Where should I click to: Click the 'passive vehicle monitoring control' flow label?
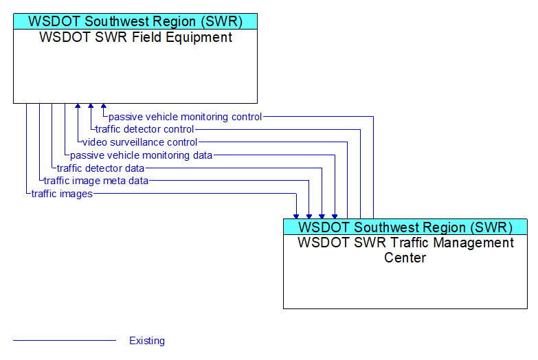point(186,117)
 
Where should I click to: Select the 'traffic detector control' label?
point(144,129)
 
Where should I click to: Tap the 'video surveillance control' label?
point(139,142)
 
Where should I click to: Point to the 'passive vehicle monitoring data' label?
point(141,155)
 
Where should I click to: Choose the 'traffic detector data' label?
point(100,168)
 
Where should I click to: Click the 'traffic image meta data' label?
point(96,181)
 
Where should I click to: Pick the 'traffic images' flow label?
point(62,194)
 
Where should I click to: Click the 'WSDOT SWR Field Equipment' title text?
point(136,37)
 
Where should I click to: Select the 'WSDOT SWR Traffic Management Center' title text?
point(405,250)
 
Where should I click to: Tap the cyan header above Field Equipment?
point(135,21)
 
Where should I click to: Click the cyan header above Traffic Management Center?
point(405,227)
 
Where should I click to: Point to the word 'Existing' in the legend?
point(147,341)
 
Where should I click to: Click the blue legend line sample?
point(65,341)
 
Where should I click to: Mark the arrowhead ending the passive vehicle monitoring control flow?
point(104,106)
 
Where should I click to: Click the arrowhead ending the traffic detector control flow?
point(91,106)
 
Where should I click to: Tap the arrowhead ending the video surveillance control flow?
point(78,106)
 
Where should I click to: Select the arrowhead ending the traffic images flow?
point(296,216)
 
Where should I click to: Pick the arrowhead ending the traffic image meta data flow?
point(309,216)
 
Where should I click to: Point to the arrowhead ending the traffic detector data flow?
point(322,216)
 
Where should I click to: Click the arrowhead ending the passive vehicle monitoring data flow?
point(335,216)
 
